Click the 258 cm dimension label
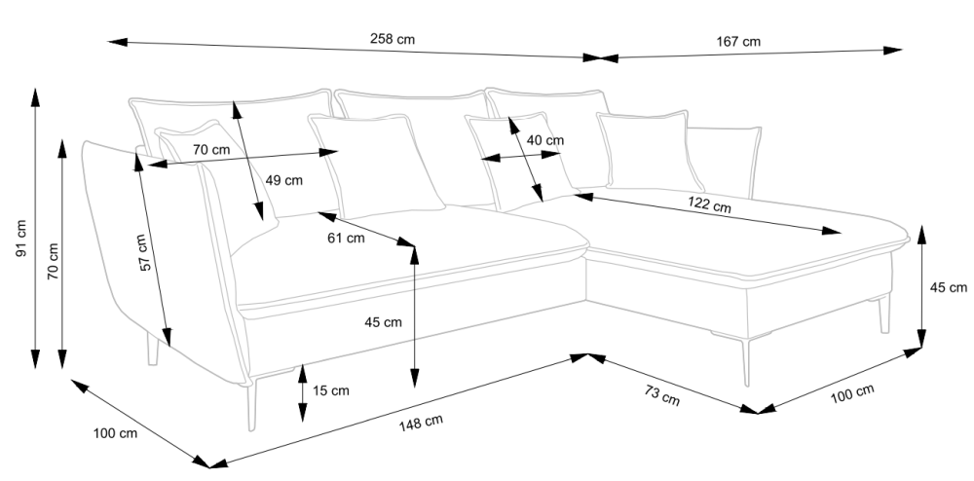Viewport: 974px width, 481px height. tap(393, 40)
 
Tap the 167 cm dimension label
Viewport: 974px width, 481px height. tap(738, 42)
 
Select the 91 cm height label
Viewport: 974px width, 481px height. tap(20, 240)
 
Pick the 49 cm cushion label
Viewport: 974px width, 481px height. tap(284, 180)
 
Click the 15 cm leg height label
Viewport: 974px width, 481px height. tap(331, 390)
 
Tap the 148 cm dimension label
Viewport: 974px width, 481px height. tap(422, 422)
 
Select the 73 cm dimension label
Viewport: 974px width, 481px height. tap(662, 395)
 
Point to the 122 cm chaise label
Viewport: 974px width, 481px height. tap(709, 205)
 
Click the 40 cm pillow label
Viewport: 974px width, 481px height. tap(544, 140)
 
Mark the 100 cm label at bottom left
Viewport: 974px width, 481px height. tap(114, 433)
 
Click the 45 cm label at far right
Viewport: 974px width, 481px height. tap(949, 287)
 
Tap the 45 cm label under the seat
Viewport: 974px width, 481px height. tap(382, 322)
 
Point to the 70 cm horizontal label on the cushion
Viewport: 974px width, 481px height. tap(210, 150)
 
